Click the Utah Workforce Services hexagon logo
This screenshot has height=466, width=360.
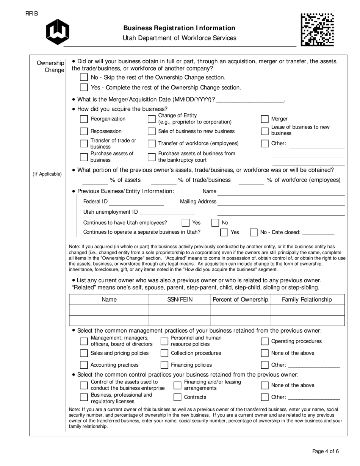(x=58, y=32)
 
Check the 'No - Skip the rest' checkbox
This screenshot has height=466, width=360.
(x=84, y=77)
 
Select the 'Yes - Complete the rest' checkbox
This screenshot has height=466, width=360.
(x=84, y=88)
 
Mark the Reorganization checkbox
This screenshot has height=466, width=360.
(x=84, y=119)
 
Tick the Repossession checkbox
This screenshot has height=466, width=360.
(x=84, y=131)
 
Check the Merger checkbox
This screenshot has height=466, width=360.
(x=265, y=119)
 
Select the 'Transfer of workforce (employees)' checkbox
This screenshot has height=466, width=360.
(x=152, y=144)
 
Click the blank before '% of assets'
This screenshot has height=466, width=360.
(x=95, y=180)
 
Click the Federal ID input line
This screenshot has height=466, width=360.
(x=136, y=202)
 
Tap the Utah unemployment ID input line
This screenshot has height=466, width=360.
(x=167, y=212)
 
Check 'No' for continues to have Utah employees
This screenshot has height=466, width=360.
(x=215, y=223)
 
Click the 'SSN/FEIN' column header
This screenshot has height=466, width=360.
(x=180, y=300)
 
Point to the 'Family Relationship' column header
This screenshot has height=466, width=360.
(x=307, y=300)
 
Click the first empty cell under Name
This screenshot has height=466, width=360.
(x=109, y=310)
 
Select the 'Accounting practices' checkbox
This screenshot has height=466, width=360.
(x=84, y=365)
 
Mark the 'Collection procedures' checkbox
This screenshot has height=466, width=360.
(x=164, y=353)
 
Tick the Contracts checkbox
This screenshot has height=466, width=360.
(x=177, y=397)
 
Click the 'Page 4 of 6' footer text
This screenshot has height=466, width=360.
(x=325, y=451)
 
